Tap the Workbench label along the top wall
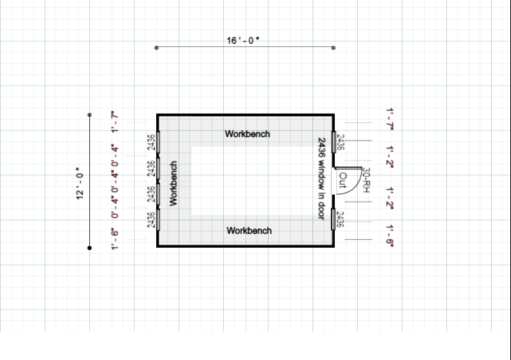248,134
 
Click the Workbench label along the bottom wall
248,230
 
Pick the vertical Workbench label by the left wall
173,183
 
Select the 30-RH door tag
366,180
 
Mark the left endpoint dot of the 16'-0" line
156,48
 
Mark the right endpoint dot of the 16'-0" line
333,48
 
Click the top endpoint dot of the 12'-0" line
90,115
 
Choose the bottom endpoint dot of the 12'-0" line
90,248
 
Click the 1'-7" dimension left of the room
115,121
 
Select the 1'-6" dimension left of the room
115,238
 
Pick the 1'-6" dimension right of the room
390,235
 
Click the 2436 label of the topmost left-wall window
151,142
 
